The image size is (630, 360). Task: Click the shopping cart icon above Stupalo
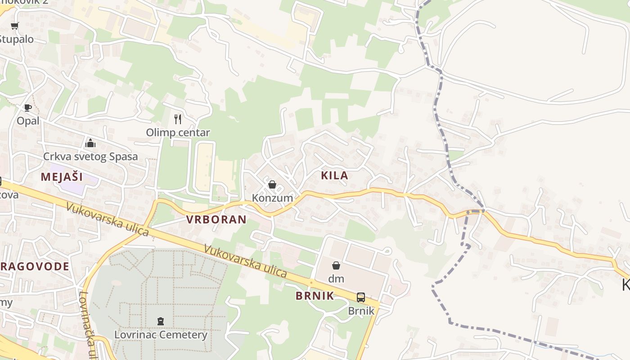pyautogui.click(x=14, y=26)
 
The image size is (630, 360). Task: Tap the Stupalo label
pyautogui.click(x=16, y=39)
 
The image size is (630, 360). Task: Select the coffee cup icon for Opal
pyautogui.click(x=28, y=108)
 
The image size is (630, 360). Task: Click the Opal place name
pyautogui.click(x=28, y=121)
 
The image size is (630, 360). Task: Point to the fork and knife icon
pyautogui.click(x=178, y=119)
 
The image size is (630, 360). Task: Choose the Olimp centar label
pyautogui.click(x=178, y=132)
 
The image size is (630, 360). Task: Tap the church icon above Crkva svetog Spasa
pyautogui.click(x=90, y=143)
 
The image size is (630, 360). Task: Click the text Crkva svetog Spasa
pyautogui.click(x=90, y=157)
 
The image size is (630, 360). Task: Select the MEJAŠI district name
pyautogui.click(x=62, y=176)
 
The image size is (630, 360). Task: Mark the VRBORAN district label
pyautogui.click(x=216, y=220)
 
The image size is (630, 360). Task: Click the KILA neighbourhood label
pyautogui.click(x=335, y=175)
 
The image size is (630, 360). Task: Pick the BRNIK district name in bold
pyautogui.click(x=315, y=296)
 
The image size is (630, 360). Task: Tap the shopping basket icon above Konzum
pyautogui.click(x=272, y=184)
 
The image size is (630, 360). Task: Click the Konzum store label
pyautogui.click(x=272, y=198)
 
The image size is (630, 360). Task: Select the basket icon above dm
pyautogui.click(x=336, y=265)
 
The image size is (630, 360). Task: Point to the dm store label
pyautogui.click(x=336, y=279)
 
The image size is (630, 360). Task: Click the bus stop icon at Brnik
pyautogui.click(x=361, y=297)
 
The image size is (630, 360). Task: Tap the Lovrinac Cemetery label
pyautogui.click(x=161, y=335)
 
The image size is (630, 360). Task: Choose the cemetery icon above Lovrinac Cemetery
pyautogui.click(x=161, y=321)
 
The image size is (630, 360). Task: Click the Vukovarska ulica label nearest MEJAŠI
pyautogui.click(x=107, y=220)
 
